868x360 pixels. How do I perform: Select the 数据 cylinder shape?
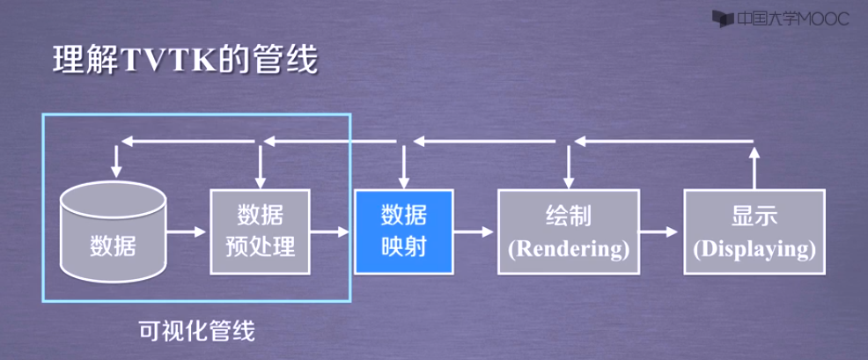(113, 233)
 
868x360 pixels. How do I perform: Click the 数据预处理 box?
(261, 231)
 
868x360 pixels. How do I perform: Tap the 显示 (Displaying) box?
(754, 232)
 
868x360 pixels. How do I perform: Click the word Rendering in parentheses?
(570, 249)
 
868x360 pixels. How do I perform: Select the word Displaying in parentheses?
(754, 249)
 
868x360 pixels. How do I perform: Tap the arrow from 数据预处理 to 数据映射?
(332, 232)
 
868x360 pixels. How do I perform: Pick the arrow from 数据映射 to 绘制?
(474, 232)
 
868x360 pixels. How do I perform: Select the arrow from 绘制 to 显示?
(660, 232)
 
